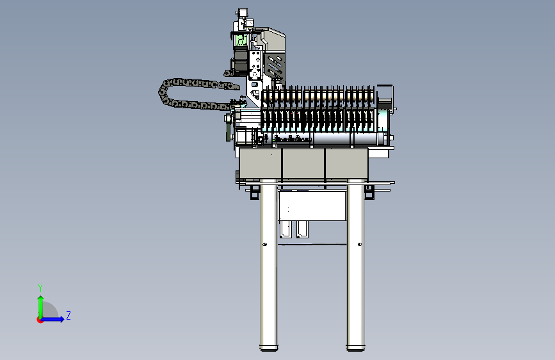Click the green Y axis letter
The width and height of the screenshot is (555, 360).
40,288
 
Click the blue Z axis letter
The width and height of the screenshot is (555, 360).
68,315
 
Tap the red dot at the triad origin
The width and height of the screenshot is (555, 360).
40,320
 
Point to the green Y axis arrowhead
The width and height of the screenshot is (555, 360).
41,299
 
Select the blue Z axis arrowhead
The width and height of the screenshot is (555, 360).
61,319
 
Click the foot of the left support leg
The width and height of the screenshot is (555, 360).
269,348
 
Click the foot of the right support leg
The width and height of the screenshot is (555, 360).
356,348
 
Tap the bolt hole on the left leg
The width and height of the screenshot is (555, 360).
265,244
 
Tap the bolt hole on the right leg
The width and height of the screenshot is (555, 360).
360,244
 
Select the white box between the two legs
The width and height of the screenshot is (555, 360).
312,206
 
